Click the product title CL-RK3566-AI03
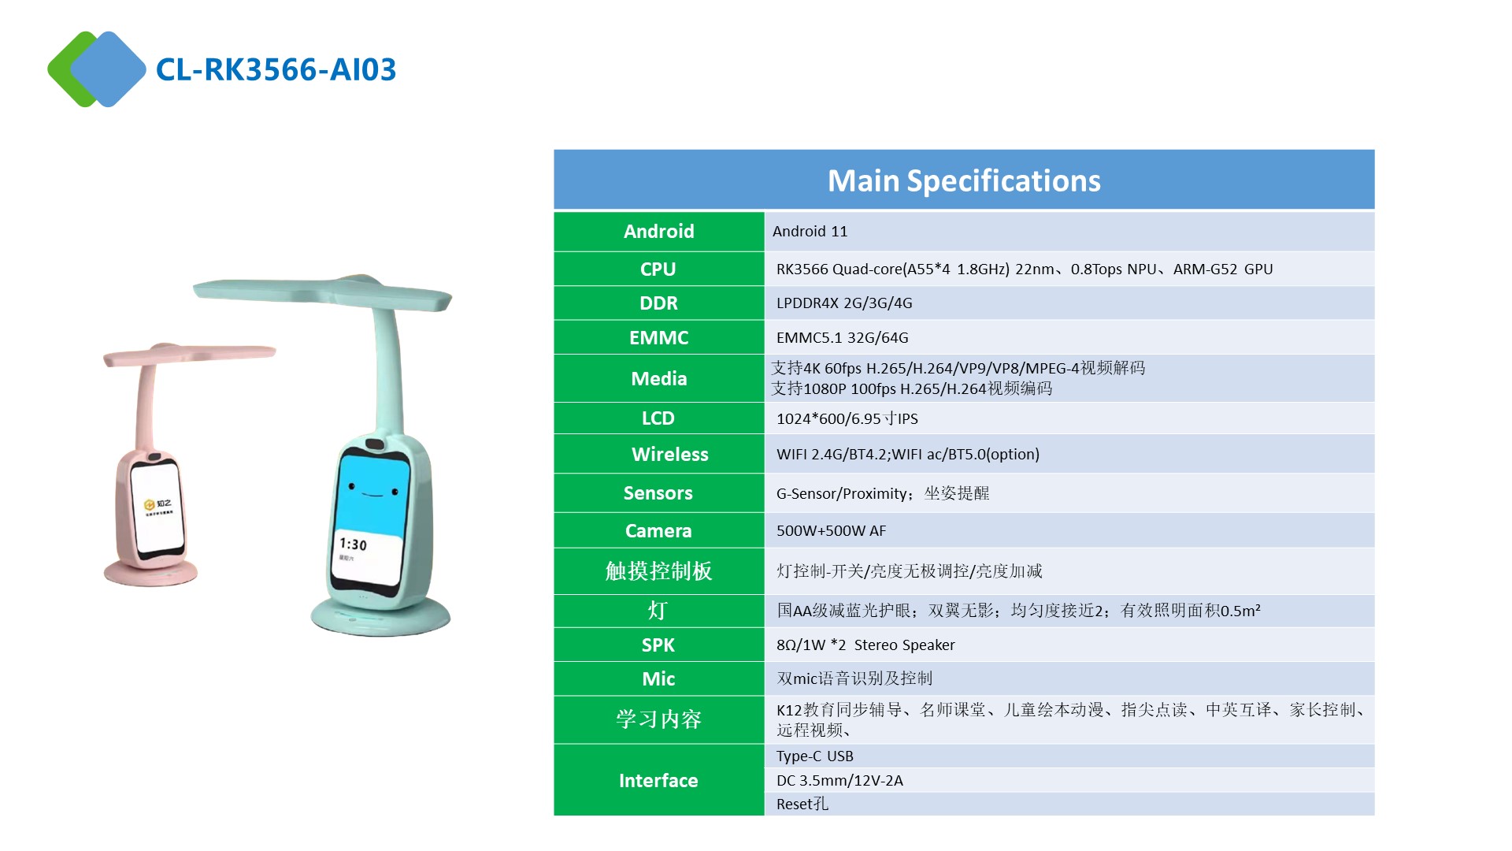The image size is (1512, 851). [276, 69]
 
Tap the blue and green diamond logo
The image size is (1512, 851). [97, 69]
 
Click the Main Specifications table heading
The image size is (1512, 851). [964, 180]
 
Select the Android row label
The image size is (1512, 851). [658, 231]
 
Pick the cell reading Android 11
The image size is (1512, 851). [810, 231]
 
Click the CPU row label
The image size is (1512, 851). [658, 269]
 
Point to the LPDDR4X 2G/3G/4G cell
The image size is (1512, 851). [844, 303]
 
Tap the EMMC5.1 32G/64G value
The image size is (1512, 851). [842, 337]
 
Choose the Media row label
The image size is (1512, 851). [658, 378]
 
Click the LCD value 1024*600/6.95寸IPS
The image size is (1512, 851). [847, 418]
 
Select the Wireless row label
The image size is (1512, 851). [669, 454]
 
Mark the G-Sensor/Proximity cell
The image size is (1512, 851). [883, 493]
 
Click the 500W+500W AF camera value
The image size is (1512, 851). [831, 530]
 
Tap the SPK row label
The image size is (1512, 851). [658, 645]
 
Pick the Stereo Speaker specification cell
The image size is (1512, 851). [865, 645]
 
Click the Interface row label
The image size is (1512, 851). [658, 780]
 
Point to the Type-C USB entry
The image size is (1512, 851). [814, 756]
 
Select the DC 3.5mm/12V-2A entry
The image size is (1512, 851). [839, 780]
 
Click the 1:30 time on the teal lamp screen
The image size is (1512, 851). [353, 544]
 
